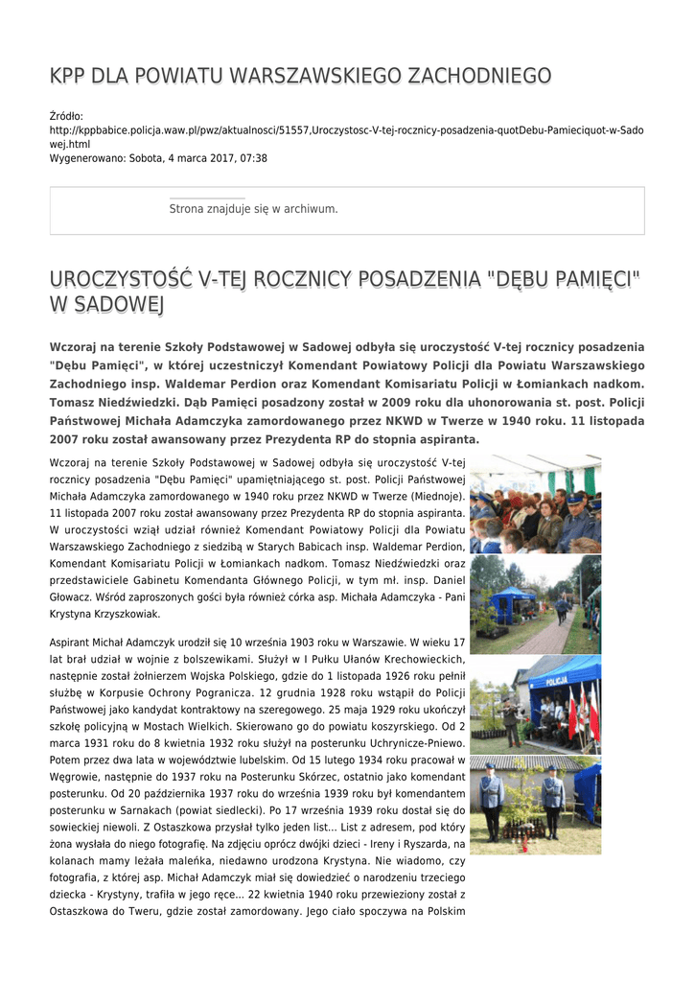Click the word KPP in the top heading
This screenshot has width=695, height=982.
click(x=69, y=76)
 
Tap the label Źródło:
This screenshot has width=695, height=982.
click(x=66, y=116)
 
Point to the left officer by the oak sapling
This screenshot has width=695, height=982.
click(x=493, y=800)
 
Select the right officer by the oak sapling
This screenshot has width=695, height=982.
click(x=552, y=800)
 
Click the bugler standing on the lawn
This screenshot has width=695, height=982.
click(x=510, y=720)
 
